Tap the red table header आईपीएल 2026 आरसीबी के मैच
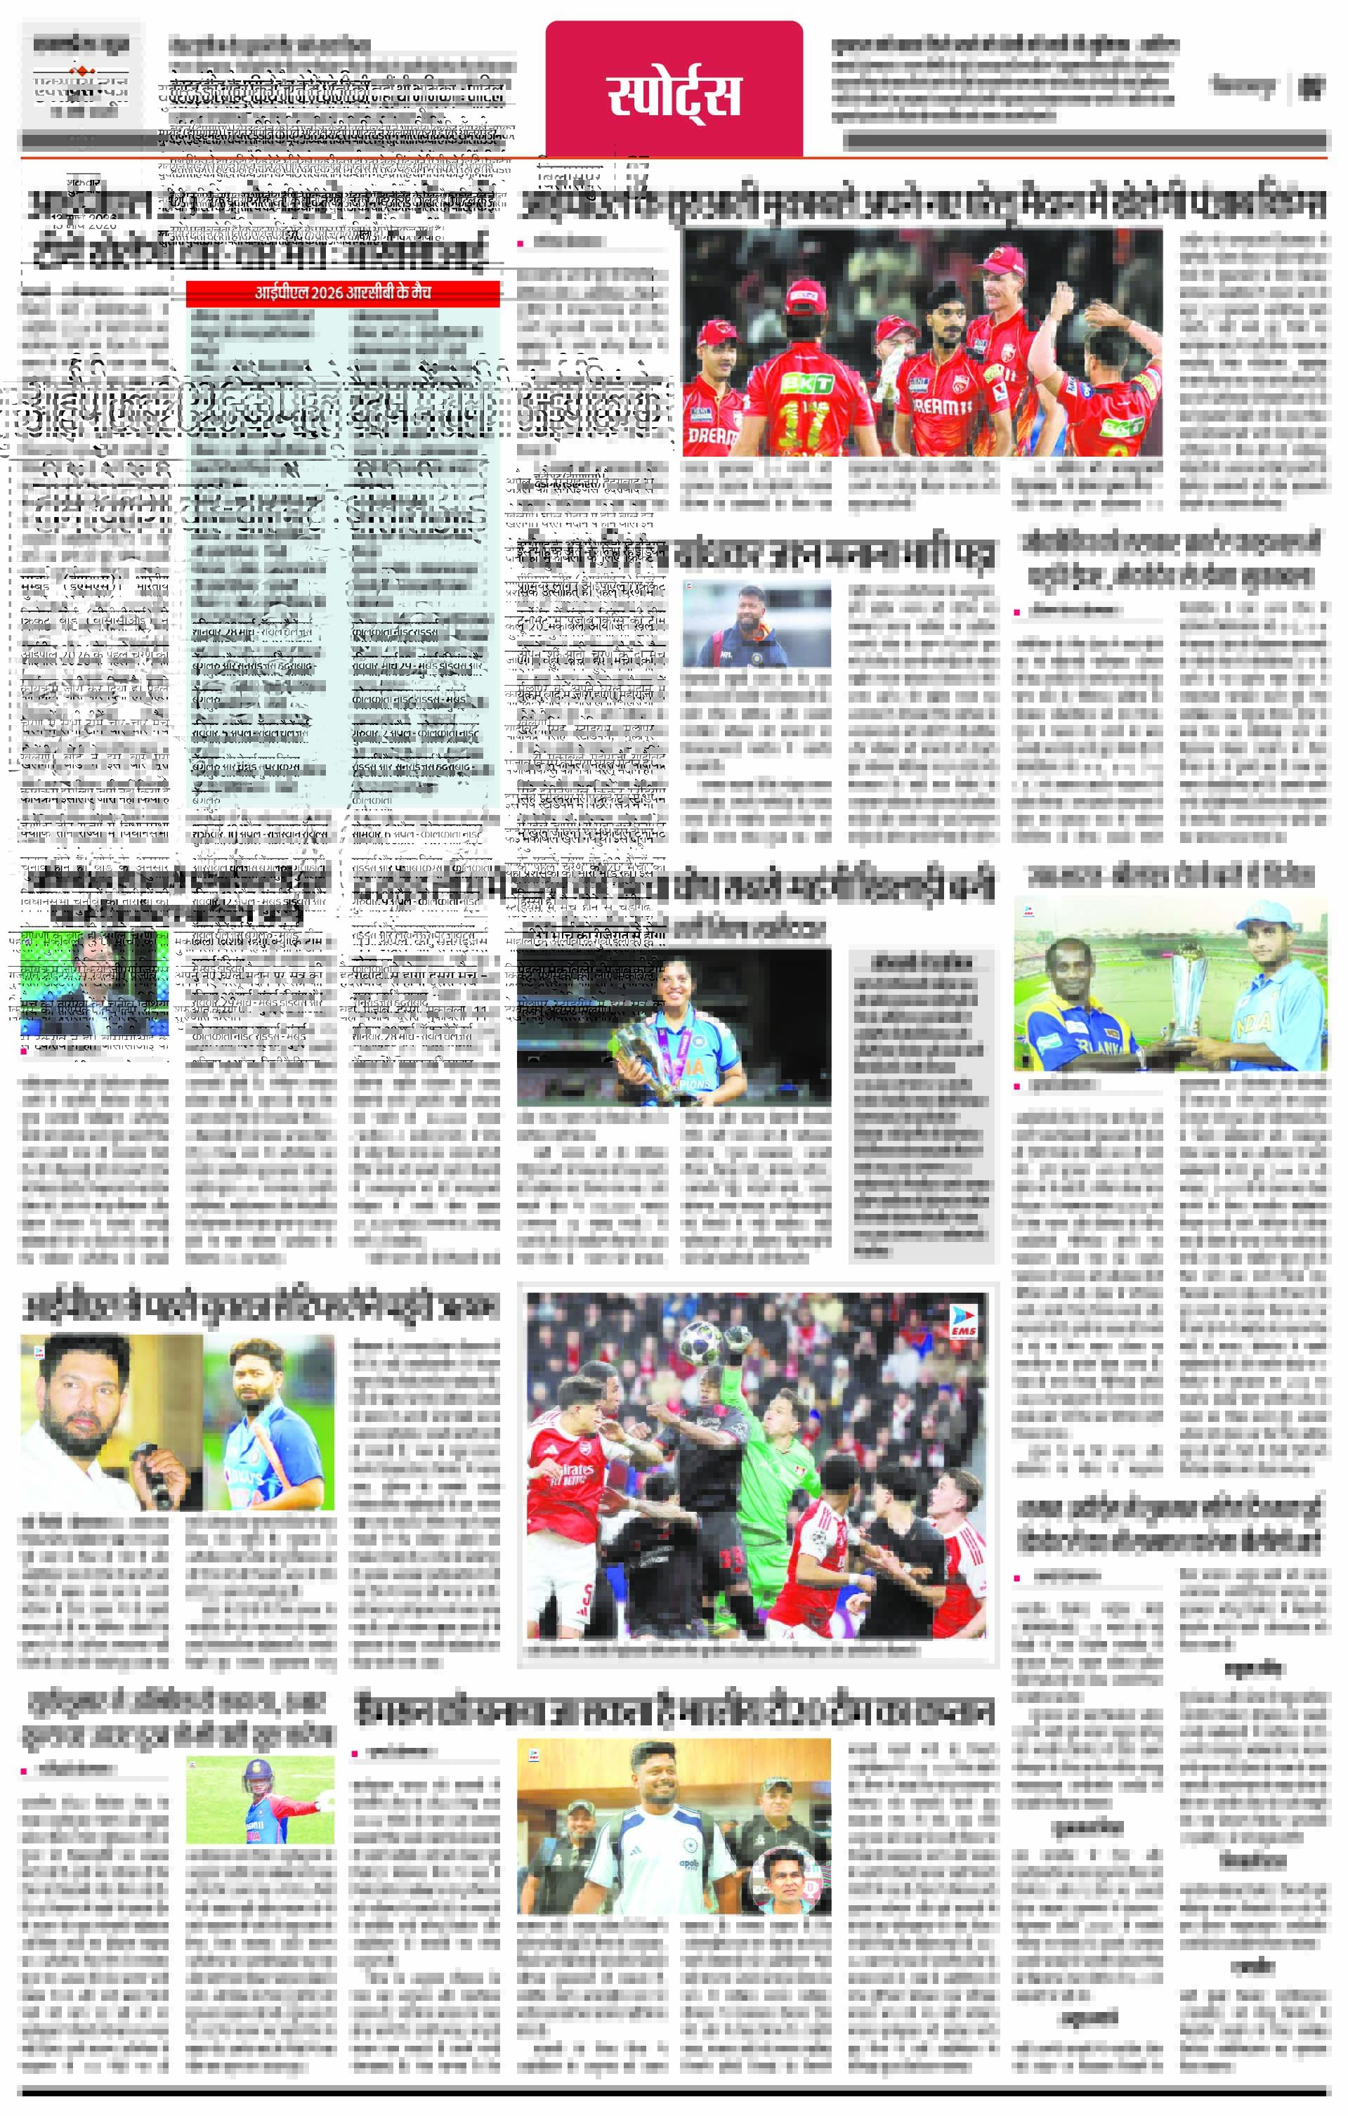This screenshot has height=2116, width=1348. tap(343, 293)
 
